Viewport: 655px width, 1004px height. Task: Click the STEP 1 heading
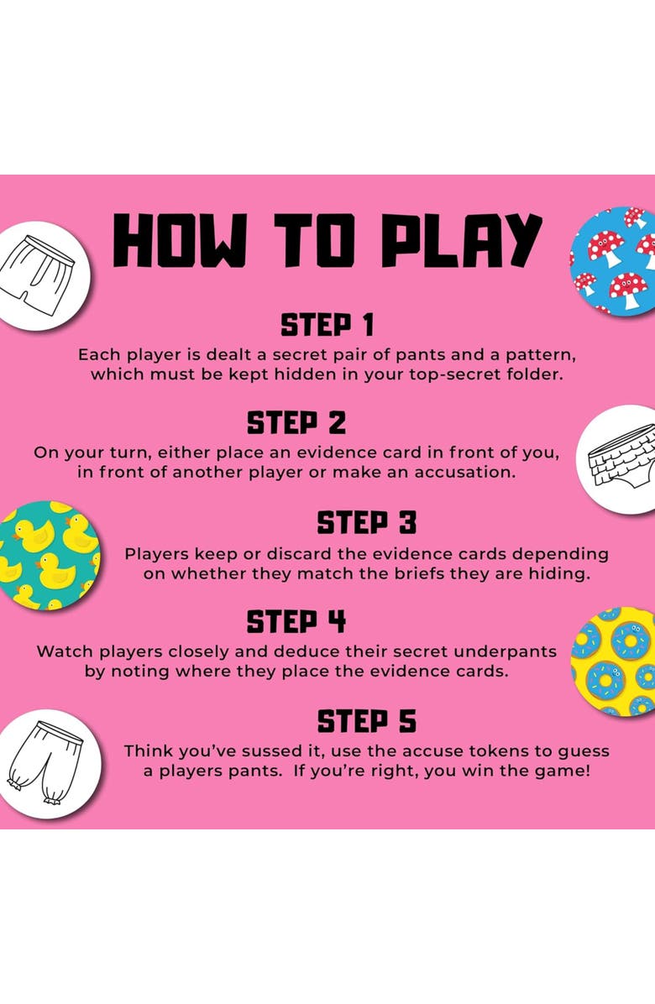click(x=327, y=325)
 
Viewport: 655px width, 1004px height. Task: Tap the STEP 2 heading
click(x=296, y=423)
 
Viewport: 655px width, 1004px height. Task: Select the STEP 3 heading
click(x=367, y=522)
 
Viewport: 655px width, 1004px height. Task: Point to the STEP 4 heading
click(x=296, y=622)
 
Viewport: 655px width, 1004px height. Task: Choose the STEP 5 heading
click(x=367, y=721)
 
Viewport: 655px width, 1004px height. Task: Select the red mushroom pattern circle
click(x=613, y=260)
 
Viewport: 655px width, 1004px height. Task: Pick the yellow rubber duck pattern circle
click(x=49, y=555)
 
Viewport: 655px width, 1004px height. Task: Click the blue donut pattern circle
click(x=613, y=661)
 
